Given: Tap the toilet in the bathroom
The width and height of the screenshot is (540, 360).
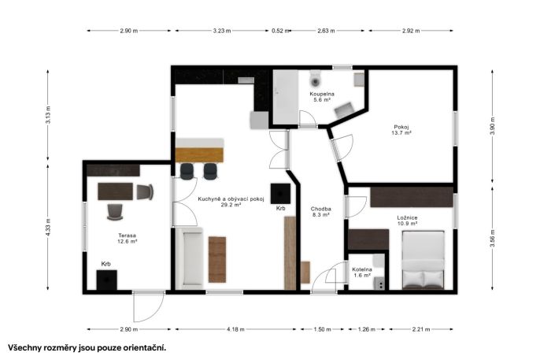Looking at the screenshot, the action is [x=315, y=79].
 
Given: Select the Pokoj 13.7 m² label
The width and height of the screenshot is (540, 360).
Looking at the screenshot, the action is [x=401, y=129].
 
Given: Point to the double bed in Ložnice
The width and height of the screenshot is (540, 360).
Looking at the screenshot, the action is [x=423, y=260].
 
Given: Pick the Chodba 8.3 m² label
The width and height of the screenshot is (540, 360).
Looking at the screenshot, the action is [x=320, y=212].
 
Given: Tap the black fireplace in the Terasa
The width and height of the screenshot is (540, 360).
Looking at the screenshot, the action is [x=106, y=280].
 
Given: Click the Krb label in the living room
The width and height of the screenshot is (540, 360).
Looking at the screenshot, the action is [x=281, y=208].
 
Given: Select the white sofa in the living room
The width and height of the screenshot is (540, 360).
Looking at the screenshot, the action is [x=189, y=258].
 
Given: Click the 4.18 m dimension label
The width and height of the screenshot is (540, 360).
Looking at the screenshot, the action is [x=235, y=329].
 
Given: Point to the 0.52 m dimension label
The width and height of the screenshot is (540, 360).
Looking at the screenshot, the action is [x=280, y=31].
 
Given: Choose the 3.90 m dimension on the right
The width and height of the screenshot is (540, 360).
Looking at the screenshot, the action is [x=493, y=126].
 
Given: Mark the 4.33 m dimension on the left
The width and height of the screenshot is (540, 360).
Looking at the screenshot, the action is [x=48, y=227].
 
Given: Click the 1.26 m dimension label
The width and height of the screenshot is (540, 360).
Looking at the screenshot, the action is [x=367, y=329].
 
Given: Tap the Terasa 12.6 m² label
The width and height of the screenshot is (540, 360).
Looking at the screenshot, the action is [x=128, y=239].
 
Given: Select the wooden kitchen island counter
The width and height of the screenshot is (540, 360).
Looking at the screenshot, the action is [x=199, y=154].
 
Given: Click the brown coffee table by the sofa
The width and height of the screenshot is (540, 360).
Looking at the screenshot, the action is [x=217, y=259].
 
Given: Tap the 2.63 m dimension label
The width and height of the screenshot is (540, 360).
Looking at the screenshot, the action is [x=326, y=31].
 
